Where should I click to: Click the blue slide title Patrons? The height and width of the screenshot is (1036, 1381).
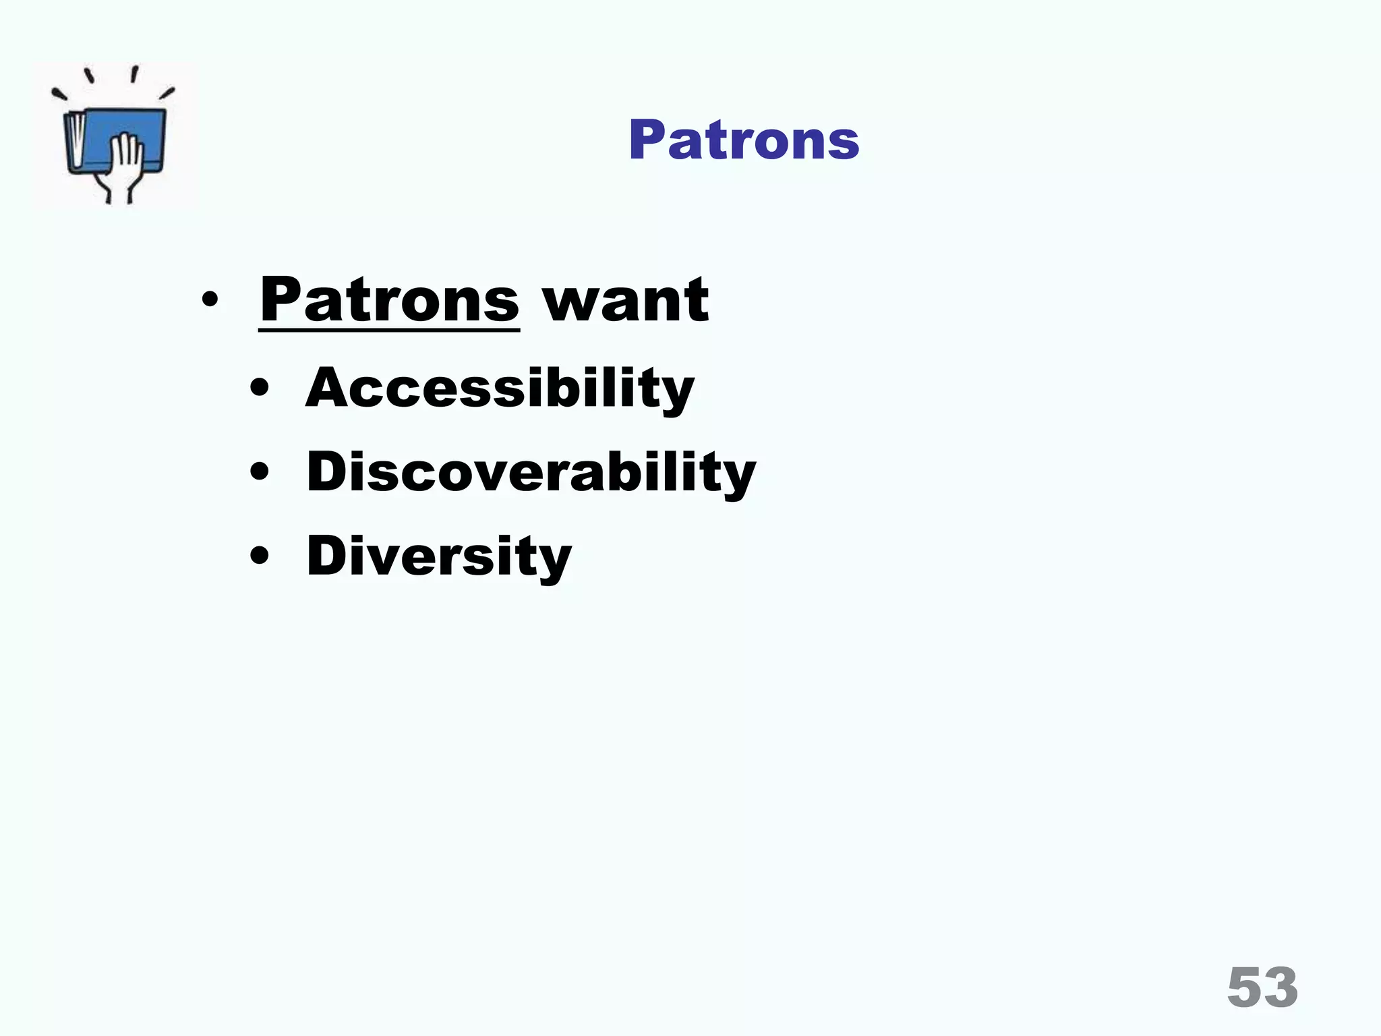tap(743, 140)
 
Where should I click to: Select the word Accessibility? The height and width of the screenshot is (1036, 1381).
tap(500, 388)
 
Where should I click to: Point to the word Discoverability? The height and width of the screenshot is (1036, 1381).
tap(531, 472)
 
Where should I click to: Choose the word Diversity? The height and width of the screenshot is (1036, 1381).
tap(439, 556)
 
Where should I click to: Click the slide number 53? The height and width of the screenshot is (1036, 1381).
tap(1262, 987)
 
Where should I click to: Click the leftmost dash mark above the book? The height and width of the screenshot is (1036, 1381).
tap(59, 95)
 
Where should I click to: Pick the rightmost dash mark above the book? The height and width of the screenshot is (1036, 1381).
tap(167, 93)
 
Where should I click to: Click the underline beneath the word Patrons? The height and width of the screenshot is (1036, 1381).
tap(389, 329)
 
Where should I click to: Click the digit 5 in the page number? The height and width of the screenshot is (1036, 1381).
tap(1245, 987)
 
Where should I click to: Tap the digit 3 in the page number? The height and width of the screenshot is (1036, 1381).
tap(1281, 987)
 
